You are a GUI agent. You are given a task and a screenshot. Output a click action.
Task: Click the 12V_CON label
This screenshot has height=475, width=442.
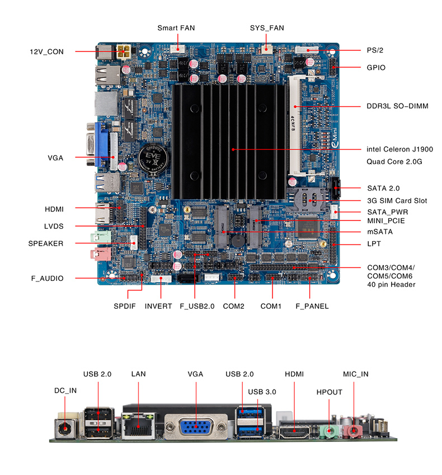point(47,52)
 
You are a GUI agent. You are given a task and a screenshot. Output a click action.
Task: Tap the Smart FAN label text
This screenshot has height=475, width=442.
point(176,27)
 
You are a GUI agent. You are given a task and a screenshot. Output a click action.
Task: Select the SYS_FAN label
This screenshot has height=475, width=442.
point(266,27)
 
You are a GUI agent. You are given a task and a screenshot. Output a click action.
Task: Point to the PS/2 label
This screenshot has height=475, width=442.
point(375,50)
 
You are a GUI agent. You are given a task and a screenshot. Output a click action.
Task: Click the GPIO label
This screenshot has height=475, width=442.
point(376,68)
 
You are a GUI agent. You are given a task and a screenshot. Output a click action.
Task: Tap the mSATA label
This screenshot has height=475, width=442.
point(380,232)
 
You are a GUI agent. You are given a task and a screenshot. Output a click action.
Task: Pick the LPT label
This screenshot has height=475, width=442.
point(374,244)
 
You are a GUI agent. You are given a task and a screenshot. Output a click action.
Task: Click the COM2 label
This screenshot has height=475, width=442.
point(234,306)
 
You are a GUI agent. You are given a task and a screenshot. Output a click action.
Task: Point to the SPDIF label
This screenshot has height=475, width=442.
point(125,306)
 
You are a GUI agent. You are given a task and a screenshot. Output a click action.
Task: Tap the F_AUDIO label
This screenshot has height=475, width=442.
point(47,278)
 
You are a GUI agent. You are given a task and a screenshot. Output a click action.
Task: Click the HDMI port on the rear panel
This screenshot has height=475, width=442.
point(293,431)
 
